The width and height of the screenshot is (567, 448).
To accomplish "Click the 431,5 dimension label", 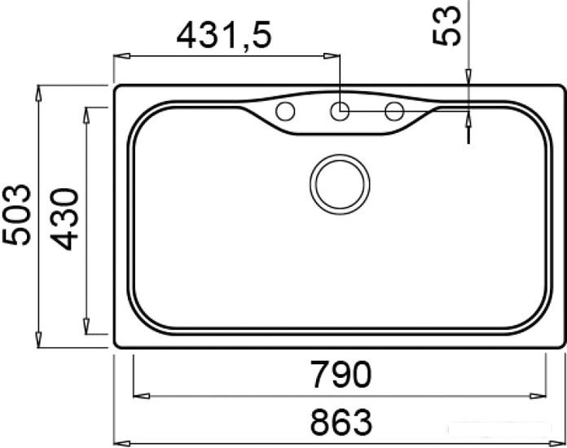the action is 223,36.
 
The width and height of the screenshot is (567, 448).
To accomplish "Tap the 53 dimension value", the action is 447,26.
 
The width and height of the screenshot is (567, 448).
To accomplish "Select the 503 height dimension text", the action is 17,215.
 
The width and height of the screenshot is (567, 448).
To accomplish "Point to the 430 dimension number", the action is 64,219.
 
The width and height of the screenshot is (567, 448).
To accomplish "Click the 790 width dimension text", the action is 341,374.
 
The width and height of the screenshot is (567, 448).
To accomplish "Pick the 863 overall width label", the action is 341,422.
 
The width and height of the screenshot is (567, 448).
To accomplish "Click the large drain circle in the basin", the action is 340,184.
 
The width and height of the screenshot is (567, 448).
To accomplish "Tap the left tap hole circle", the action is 285,111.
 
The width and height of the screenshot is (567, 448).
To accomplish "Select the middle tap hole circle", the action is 339,111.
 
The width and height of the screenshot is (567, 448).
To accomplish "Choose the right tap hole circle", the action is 394,111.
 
